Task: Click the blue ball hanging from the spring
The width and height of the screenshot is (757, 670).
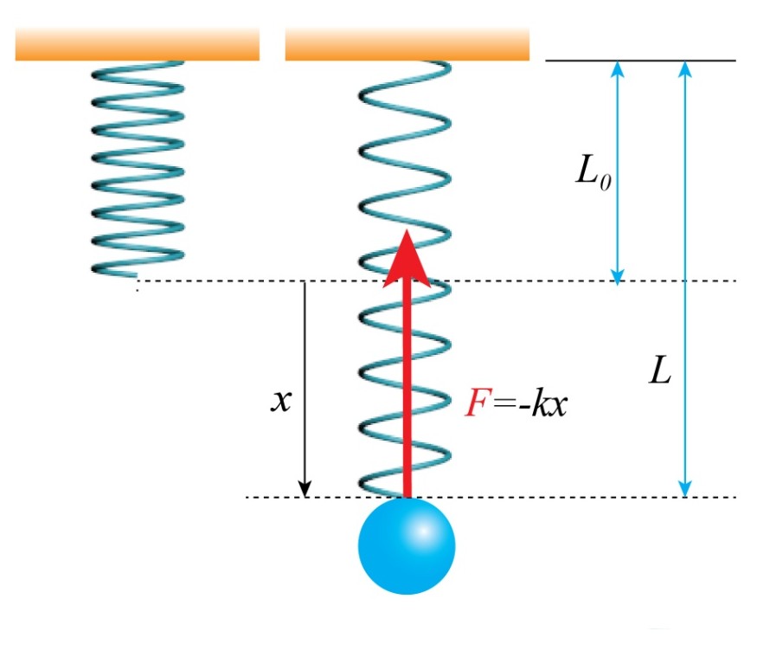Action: pos(406,546)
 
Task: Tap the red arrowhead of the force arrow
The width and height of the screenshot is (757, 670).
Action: pos(407,256)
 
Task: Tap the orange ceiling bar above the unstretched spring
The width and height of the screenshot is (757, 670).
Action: pos(137,44)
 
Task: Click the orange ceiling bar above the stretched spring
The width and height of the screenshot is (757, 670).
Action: pos(407,44)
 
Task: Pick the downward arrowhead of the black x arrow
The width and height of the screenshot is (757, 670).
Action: pos(305,489)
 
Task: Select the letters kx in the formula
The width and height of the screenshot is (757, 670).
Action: pos(550,405)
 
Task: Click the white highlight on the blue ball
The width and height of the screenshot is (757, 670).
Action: pos(424,530)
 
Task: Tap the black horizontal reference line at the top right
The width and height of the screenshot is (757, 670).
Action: pos(640,61)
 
